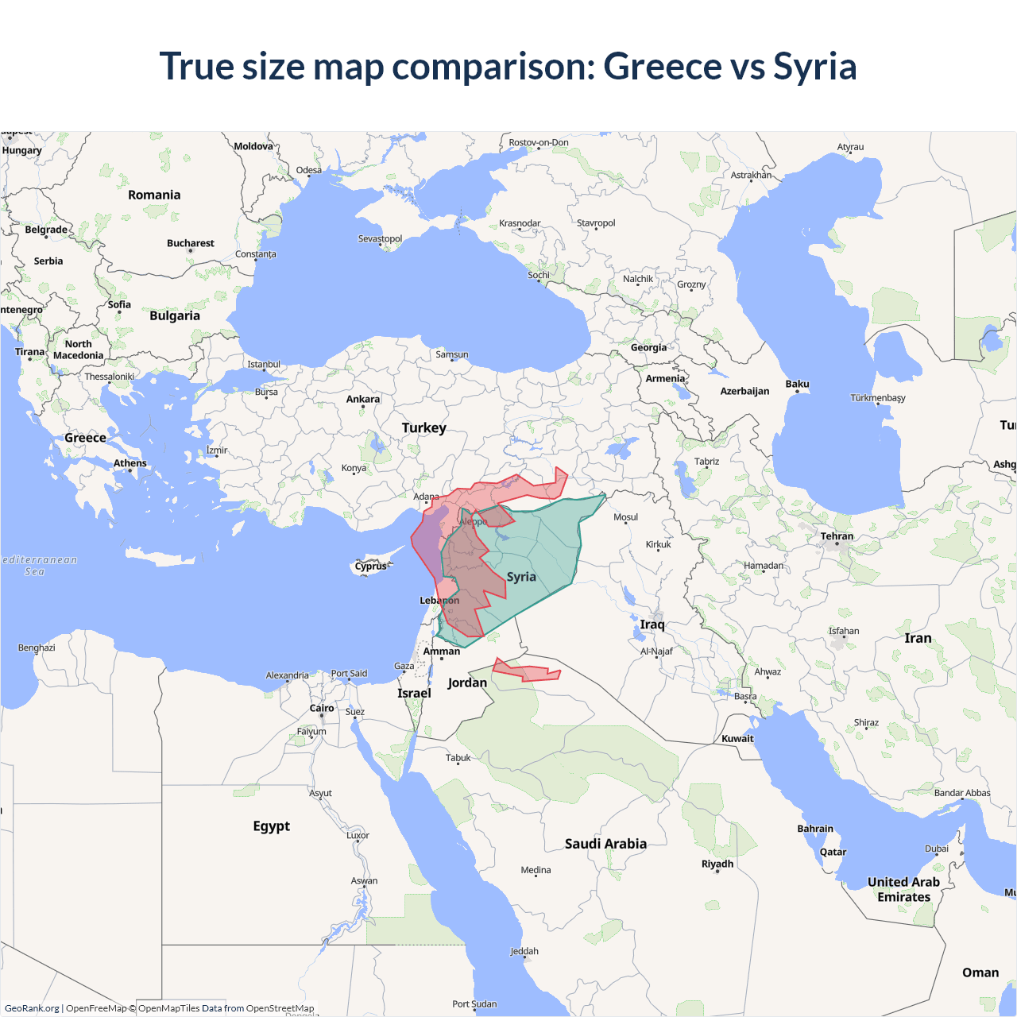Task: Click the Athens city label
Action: click(130, 463)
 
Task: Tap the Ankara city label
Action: click(363, 400)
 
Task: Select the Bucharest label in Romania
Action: click(190, 243)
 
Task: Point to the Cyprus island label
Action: click(370, 567)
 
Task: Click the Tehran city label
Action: click(837, 536)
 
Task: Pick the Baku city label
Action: click(797, 385)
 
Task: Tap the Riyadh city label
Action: click(717, 864)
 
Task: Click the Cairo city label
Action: click(322, 708)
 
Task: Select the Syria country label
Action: click(521, 577)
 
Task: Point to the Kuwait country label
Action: click(737, 739)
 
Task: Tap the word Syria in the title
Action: click(815, 66)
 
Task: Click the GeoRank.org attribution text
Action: click(32, 1008)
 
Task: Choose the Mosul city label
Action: click(625, 517)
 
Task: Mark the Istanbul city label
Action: click(264, 365)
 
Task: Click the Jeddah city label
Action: click(524, 951)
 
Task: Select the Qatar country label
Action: click(833, 852)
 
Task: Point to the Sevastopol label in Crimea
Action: click(380, 238)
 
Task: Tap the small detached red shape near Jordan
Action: click(528, 672)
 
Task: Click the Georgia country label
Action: click(648, 348)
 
